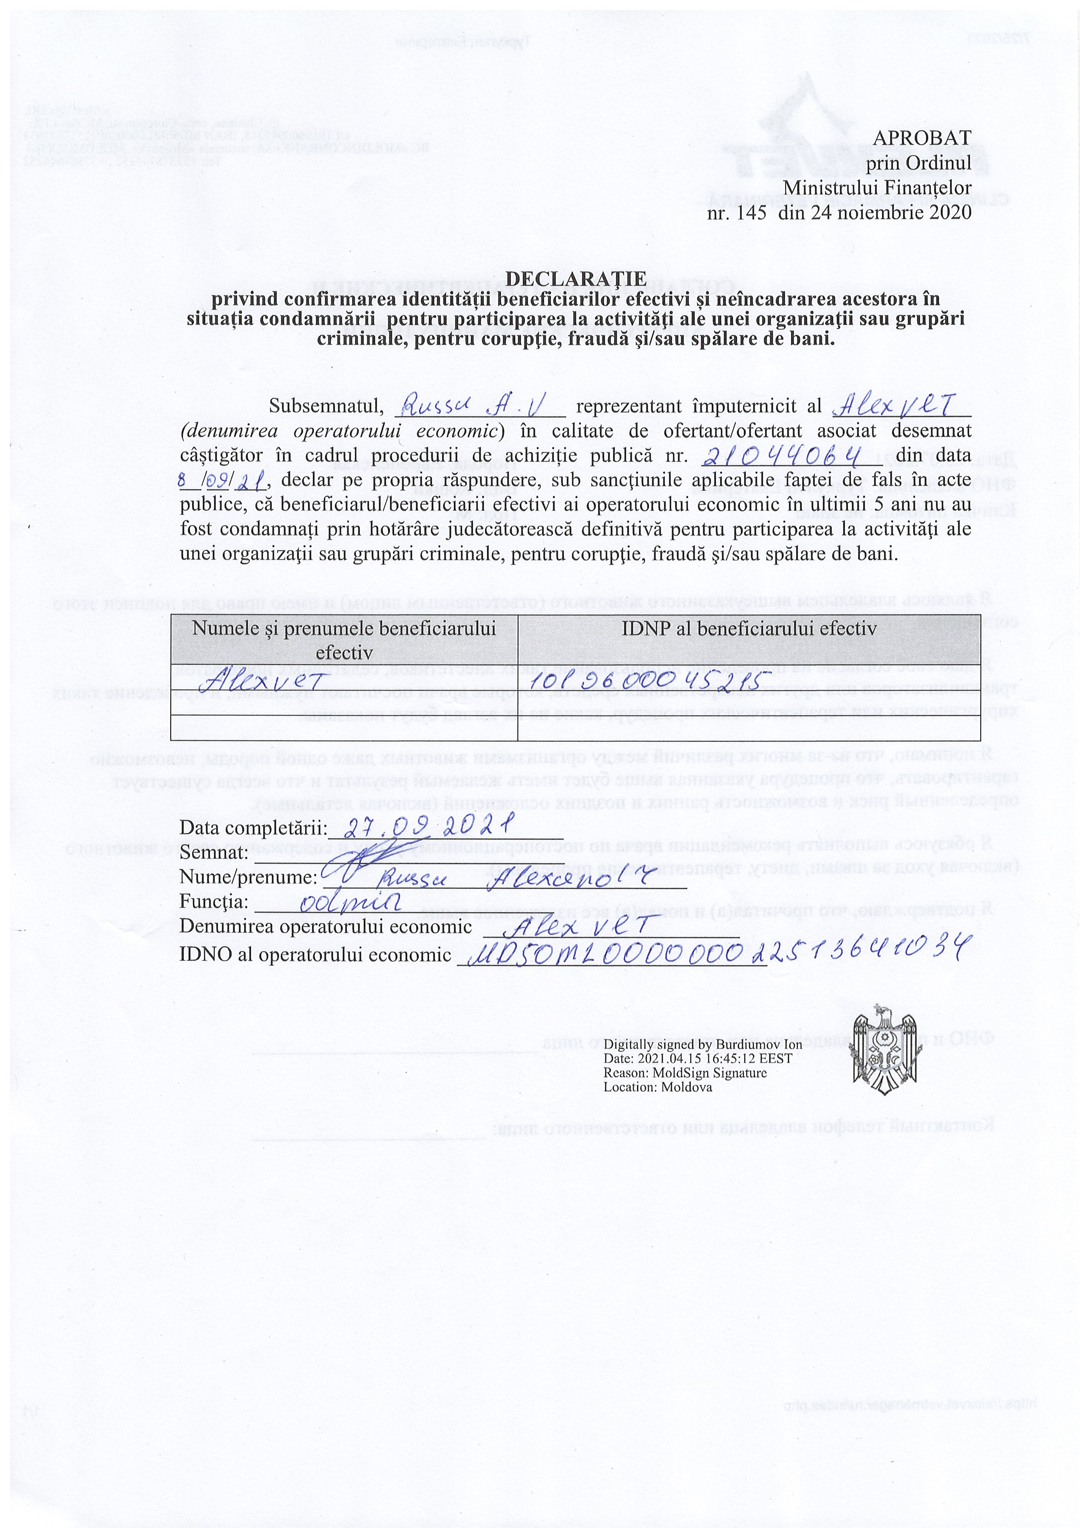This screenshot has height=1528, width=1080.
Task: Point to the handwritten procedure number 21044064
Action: pos(781,456)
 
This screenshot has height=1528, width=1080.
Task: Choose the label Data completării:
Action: pos(253,828)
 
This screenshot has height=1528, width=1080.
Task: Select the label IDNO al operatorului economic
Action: pos(315,955)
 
